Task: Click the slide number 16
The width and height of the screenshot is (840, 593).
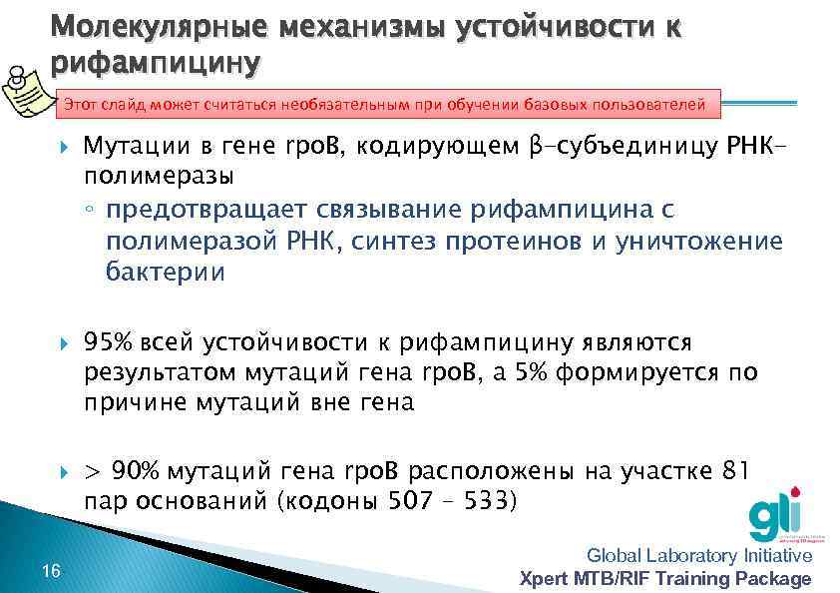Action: coord(53,570)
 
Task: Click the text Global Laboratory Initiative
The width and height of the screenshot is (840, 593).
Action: coord(699,556)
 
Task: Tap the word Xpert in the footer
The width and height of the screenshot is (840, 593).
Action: coord(547,578)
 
